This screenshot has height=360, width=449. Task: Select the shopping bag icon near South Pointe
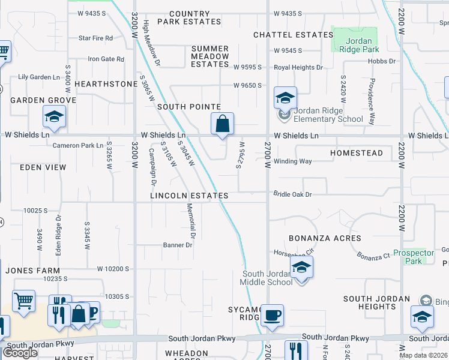pos(222,125)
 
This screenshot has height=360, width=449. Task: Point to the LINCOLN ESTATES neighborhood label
pos(189,196)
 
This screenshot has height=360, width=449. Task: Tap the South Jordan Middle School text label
pos(267,278)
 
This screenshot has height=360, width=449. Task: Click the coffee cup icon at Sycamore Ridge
pos(272,316)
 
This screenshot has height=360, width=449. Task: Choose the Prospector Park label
pos(414,257)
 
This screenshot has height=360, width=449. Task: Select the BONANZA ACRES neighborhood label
pos(325,238)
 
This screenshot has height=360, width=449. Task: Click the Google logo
pos(20,353)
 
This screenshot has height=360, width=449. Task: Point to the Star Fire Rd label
pos(96,38)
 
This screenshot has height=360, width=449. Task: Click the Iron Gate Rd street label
pos(106,59)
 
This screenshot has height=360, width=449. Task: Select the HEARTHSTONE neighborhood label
pos(106,84)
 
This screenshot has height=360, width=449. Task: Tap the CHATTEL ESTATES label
pos(293,35)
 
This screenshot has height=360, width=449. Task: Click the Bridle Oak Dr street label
pos(293,194)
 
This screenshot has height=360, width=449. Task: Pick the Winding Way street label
pos(293,161)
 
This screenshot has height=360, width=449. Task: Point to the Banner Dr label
pos(178,245)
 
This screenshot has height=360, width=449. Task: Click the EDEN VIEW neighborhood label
pos(43,167)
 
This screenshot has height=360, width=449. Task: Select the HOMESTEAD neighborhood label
pos(357,153)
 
